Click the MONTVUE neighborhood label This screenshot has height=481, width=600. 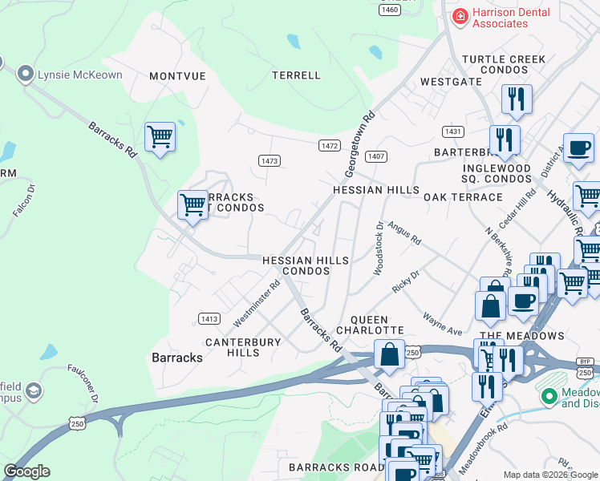[177, 75]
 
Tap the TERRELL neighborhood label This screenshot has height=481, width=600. [296, 75]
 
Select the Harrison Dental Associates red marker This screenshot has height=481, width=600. [460, 16]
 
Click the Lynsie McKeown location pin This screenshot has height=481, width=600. [25, 75]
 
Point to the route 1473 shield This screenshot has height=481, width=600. [270, 161]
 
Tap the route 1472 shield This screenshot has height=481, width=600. [329, 145]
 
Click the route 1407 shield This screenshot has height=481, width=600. [376, 156]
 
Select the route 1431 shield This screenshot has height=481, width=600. [452, 131]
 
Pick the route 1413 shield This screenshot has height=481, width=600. [209, 319]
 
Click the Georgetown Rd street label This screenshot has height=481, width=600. [360, 144]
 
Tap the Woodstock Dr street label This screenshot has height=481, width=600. [379, 249]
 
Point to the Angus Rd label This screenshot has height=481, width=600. [403, 234]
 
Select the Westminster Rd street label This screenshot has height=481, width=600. [257, 303]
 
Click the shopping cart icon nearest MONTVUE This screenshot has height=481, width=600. [160, 138]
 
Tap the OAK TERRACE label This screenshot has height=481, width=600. [463, 197]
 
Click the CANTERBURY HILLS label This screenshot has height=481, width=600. [243, 347]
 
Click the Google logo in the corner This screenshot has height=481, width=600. [26, 471]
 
